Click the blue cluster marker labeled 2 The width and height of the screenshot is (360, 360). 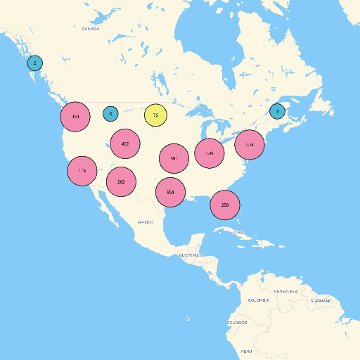[x=34, y=63]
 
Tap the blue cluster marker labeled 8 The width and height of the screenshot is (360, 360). [x=110, y=113]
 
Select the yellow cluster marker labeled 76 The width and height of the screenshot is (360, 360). [x=155, y=115]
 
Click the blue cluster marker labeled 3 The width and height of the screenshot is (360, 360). [x=278, y=111]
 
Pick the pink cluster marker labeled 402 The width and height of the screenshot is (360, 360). [x=125, y=143]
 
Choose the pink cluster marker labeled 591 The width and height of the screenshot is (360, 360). [x=174, y=159]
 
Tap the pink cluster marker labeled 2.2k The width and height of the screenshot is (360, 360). [x=249, y=144]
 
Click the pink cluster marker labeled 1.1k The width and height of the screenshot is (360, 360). [x=82, y=171]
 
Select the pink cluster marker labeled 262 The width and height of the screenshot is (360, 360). [x=121, y=181]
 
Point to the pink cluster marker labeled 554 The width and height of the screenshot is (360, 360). [x=170, y=192]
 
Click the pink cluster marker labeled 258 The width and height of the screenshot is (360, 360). [x=225, y=205]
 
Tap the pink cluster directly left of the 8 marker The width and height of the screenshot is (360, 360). [x=75, y=117]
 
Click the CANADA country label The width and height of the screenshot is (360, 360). [x=90, y=29]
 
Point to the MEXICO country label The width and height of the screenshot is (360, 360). [x=146, y=222]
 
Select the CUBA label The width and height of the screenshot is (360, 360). [x=238, y=231]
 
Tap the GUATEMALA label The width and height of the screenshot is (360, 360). [x=191, y=255]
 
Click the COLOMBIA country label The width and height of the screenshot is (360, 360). [x=258, y=300]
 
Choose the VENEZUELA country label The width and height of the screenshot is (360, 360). [x=285, y=291]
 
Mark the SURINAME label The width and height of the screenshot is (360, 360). [x=321, y=300]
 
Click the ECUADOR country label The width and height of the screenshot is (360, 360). [x=236, y=323]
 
